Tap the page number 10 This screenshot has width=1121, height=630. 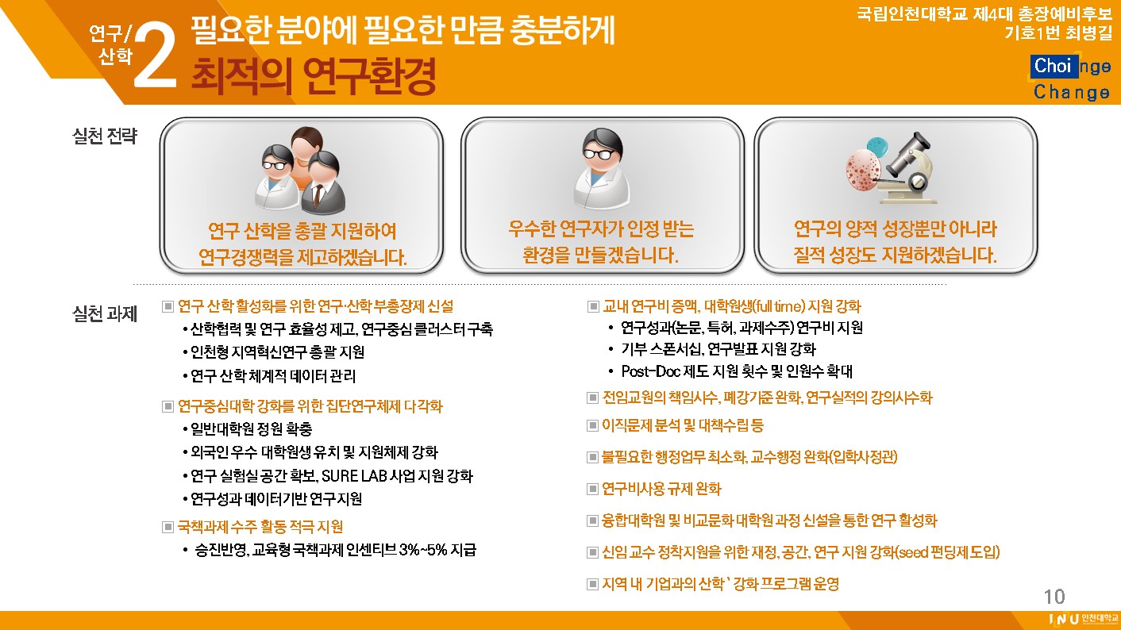[1054, 597]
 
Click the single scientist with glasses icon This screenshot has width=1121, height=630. [602, 168]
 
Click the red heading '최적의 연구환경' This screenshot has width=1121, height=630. [314, 76]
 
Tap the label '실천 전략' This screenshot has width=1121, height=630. [105, 136]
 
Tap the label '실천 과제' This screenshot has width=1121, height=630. [105, 314]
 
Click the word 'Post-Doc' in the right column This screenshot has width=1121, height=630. [650, 371]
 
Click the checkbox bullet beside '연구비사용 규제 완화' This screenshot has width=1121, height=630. [592, 489]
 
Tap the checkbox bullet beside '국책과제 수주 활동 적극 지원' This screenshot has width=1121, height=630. [168, 527]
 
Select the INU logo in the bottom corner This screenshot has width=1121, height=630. [1083, 619]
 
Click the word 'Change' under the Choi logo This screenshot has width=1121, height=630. [1072, 92]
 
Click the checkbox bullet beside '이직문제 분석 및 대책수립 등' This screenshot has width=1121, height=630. [592, 425]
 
